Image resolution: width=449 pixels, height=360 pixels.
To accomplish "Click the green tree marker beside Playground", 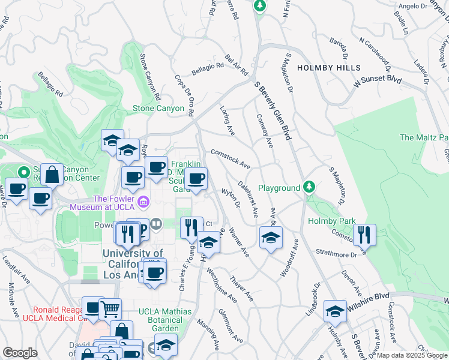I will click(x=309, y=187).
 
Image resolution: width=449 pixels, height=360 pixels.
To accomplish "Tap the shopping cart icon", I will click(x=110, y=309).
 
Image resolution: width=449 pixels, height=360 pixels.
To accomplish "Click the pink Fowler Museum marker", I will click(x=143, y=201).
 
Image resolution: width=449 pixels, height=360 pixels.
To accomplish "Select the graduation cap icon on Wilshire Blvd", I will click(x=335, y=311).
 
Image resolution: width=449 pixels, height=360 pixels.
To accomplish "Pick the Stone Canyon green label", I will click(x=158, y=109).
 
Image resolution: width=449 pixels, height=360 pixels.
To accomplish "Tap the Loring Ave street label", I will click(x=228, y=121).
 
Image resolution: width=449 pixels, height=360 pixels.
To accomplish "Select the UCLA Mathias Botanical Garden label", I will click(x=165, y=320).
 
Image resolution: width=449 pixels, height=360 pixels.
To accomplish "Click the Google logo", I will click(x=20, y=353).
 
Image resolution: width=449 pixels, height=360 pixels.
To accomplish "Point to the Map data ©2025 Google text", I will click(x=412, y=355).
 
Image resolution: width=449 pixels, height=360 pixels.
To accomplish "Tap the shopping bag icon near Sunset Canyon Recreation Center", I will click(x=53, y=175).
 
